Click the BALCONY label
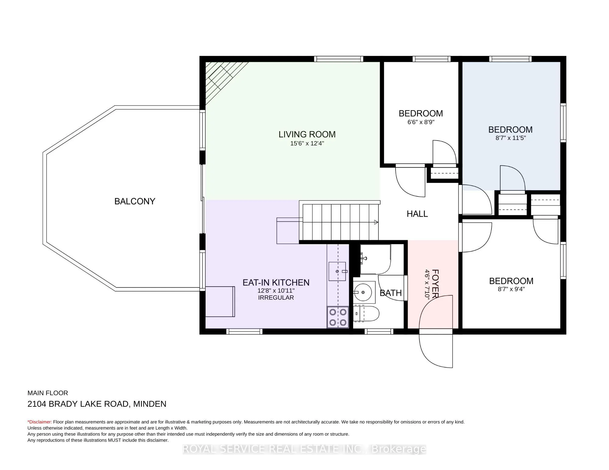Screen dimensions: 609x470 coord(135,201)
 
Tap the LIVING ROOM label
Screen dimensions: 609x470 coord(307,134)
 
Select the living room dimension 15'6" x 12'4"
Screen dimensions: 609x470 coord(307,144)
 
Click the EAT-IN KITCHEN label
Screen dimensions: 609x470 coord(276,283)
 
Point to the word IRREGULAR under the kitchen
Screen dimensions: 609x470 coord(276,298)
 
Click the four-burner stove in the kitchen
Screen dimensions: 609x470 coord(338,317)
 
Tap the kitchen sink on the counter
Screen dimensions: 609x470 coord(337,271)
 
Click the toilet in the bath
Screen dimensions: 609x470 coord(366,313)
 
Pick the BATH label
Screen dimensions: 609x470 coord(391,293)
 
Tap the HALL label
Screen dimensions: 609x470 coord(417,214)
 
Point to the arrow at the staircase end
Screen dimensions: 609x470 coord(376,222)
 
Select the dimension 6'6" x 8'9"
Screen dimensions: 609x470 coord(421,122)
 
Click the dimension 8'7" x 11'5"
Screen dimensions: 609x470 coord(511,138)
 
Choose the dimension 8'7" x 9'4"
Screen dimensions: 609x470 coord(511,289)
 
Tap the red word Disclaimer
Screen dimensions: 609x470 coord(40,422)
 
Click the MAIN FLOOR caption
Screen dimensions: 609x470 coord(48,393)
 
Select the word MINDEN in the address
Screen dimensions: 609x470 coord(150,404)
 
